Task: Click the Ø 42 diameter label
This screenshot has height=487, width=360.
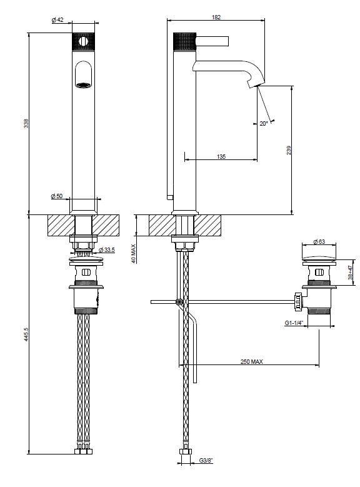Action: coord(57,20)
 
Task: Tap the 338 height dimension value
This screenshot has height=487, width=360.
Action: coord(26,123)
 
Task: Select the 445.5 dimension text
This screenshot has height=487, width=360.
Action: coord(26,334)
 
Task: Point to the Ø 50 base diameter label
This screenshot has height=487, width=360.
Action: coord(57,196)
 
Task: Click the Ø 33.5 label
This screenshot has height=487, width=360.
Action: coord(106,249)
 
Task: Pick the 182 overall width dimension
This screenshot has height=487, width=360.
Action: coord(216,18)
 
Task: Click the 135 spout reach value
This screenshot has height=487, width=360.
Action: coord(221,156)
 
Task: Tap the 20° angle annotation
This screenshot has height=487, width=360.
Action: coord(264,124)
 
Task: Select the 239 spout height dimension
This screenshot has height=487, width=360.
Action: coord(289,150)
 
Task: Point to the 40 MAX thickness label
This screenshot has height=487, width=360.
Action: coord(134,254)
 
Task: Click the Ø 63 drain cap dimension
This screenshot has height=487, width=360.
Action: coord(319,242)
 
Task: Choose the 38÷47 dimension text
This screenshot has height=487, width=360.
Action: coord(350,273)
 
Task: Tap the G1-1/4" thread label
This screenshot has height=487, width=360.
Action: coord(294,323)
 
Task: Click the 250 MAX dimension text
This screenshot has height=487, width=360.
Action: coord(251,361)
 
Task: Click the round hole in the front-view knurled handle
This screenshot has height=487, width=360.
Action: coord(83,41)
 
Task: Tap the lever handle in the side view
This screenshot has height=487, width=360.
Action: coord(212,41)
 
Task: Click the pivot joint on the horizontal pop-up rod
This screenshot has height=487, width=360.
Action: coord(179,301)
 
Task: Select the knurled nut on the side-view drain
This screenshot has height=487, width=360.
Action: coord(297,301)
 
